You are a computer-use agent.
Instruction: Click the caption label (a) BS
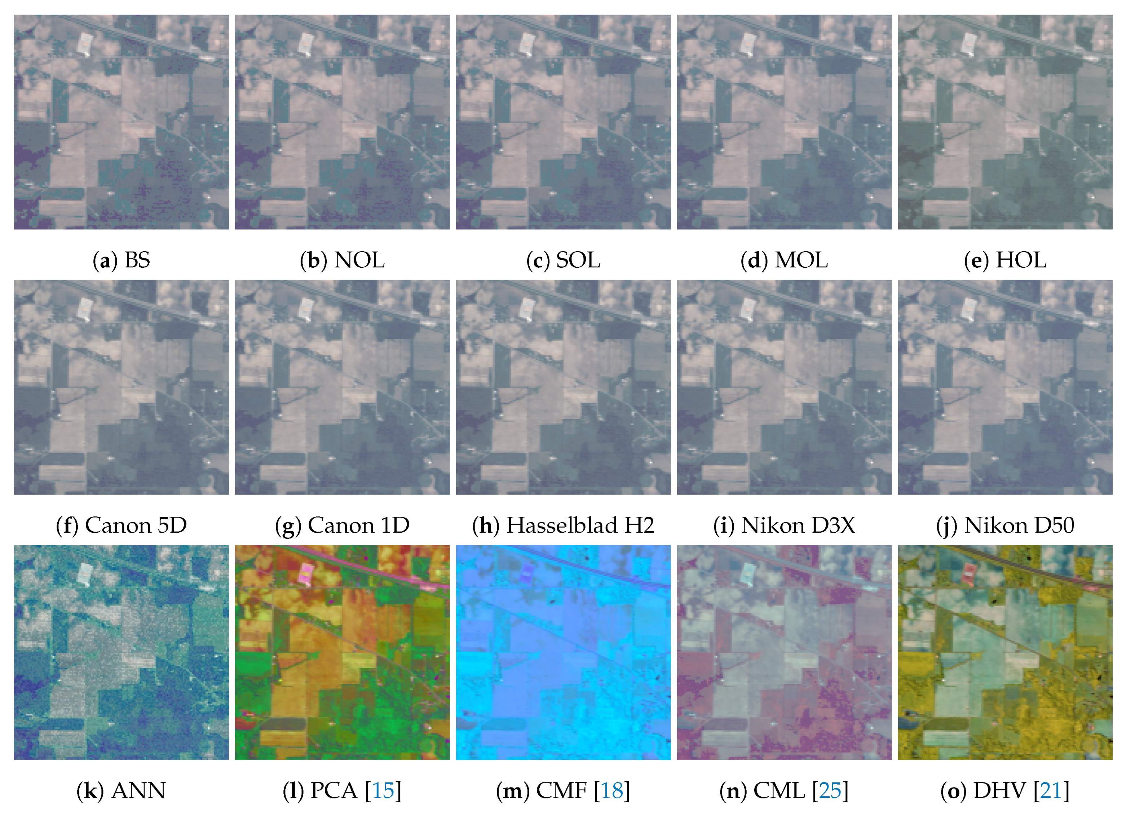121,260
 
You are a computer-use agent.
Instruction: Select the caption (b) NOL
342,260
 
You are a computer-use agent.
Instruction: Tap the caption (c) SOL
563,260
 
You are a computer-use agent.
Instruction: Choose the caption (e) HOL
1005,260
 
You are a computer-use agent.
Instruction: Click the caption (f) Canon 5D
121,525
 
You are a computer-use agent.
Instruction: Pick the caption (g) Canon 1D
342,525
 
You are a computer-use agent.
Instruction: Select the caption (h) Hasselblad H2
563,525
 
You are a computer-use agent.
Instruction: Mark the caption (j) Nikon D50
1005,525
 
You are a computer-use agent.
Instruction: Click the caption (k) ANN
121,791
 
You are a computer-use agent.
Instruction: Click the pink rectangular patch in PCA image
308,573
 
